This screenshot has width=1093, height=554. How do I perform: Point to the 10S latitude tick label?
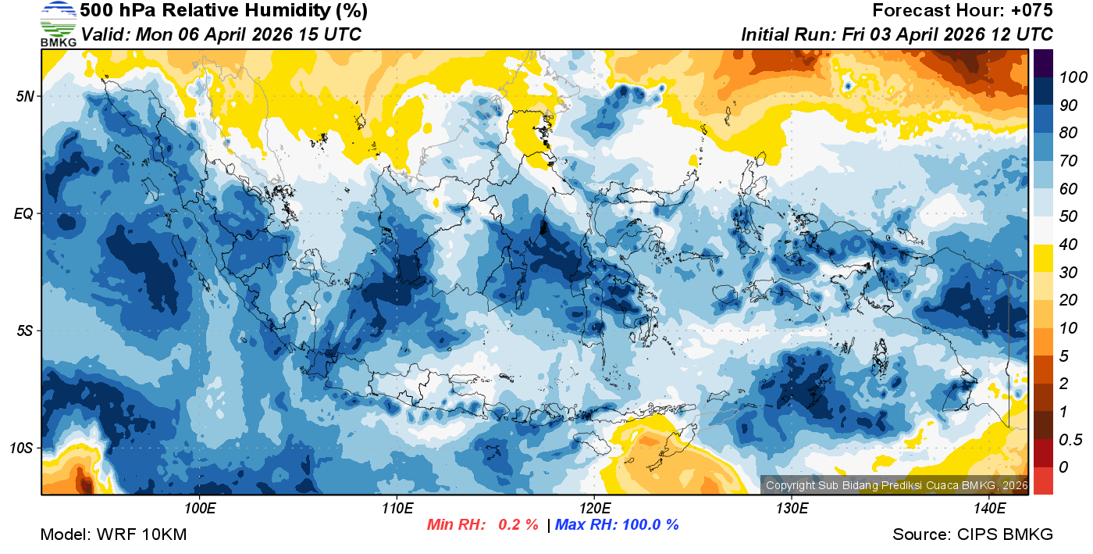coord(21,449)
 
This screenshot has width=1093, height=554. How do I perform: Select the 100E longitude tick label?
coord(200,509)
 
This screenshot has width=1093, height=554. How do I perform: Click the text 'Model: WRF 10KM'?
coord(113,534)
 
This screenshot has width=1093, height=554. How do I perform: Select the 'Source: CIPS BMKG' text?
coord(973,534)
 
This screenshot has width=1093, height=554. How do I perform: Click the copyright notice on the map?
coord(896,485)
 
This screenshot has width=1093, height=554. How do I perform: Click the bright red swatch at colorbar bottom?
coord(1043,480)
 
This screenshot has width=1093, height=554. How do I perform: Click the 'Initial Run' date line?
coord(896,34)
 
